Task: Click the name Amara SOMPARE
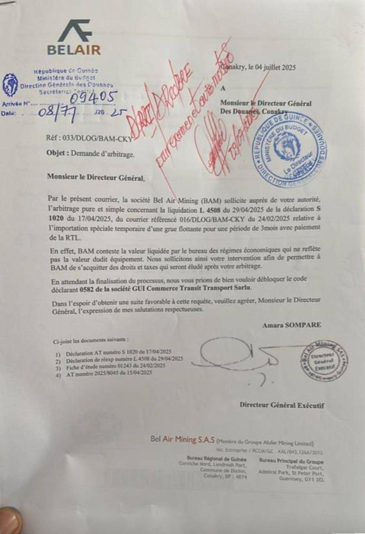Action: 292,325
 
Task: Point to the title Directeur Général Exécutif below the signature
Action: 282,405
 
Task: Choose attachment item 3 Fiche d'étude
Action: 115,366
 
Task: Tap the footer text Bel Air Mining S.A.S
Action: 183,440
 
